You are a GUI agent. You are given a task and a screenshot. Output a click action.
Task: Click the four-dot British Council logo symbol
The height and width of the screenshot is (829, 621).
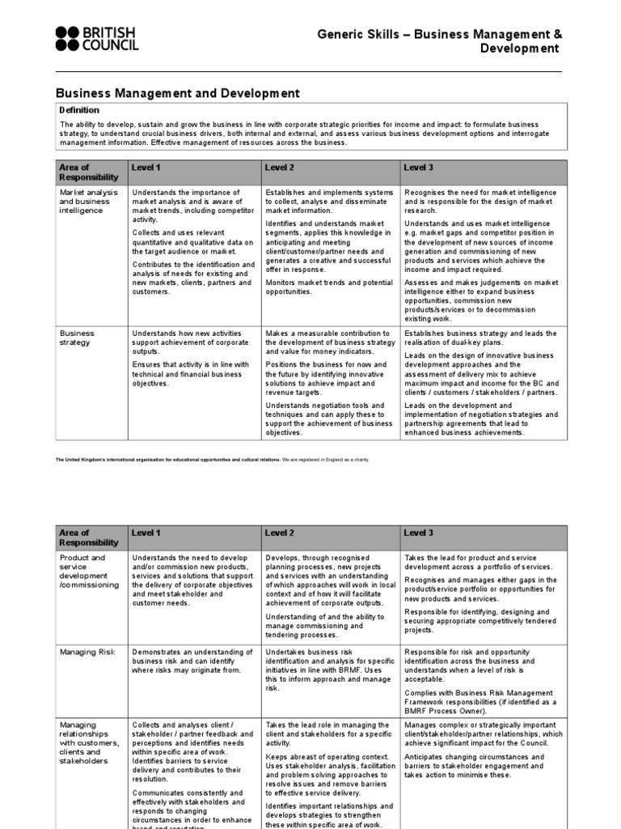point(67,39)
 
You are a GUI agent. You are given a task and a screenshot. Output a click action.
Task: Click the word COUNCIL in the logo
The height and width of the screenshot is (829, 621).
point(111,46)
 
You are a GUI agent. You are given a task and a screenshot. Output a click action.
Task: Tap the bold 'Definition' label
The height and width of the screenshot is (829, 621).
point(79,110)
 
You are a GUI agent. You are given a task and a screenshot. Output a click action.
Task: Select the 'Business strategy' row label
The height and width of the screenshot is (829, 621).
point(78,338)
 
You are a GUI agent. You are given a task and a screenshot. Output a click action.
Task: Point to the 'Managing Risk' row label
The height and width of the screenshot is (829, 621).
point(87,652)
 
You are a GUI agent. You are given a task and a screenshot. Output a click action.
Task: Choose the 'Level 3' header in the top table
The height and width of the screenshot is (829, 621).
point(419,168)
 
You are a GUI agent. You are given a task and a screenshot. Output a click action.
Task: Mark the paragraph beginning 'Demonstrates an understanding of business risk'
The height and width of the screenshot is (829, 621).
point(192,661)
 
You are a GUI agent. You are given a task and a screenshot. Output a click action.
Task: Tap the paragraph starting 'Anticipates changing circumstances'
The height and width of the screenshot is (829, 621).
point(474,766)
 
